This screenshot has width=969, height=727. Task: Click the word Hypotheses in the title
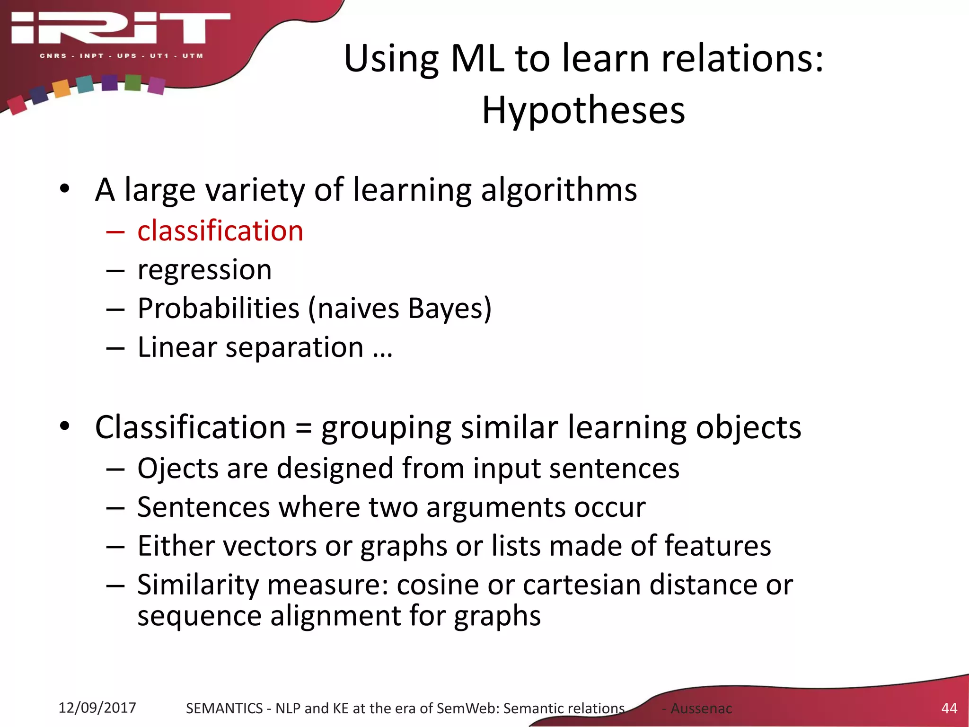click(583, 110)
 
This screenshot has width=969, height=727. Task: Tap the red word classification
click(220, 231)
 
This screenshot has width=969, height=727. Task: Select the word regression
click(204, 270)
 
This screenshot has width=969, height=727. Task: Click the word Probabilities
click(219, 309)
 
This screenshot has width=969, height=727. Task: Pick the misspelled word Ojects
click(178, 469)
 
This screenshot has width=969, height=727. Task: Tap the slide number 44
click(949, 708)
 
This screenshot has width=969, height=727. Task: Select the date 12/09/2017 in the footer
click(97, 708)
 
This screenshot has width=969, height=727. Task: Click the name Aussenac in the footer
click(701, 709)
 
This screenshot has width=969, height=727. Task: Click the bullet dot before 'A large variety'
click(65, 189)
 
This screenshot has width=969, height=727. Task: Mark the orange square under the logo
click(61, 88)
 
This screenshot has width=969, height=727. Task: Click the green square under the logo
click(133, 83)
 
